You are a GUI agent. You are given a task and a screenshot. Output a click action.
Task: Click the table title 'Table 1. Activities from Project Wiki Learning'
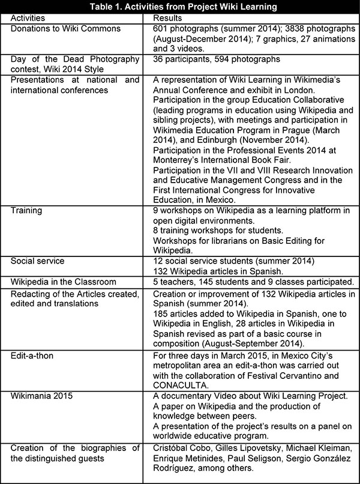(x=180, y=7)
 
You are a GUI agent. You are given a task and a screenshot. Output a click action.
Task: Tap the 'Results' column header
(x=169, y=18)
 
